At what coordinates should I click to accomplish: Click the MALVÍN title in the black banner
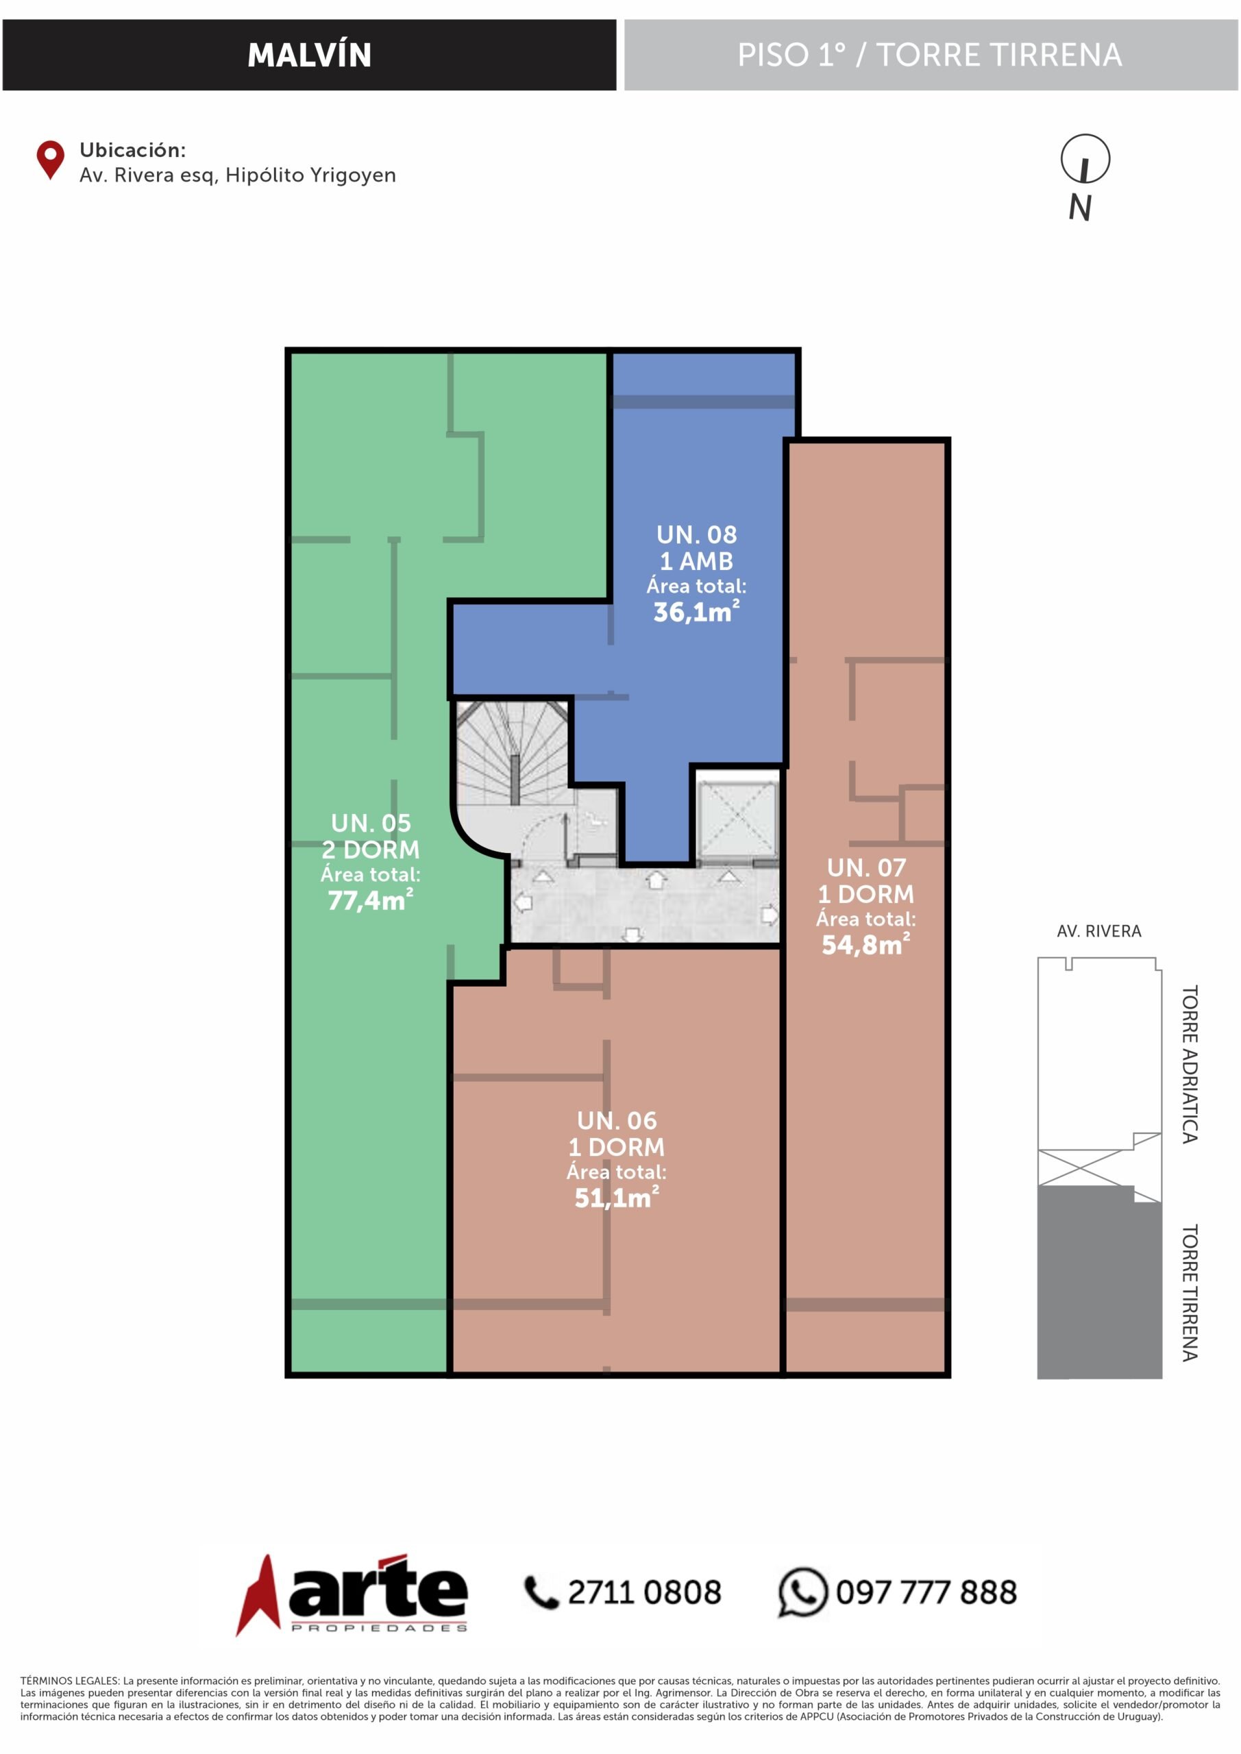[x=310, y=55]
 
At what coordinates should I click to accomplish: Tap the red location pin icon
[x=51, y=160]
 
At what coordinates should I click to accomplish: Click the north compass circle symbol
[x=1085, y=159]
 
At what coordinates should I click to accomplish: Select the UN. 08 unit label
[x=697, y=534]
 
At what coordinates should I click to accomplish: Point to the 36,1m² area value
[x=696, y=611]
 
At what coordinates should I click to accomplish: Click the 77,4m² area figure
[x=371, y=900]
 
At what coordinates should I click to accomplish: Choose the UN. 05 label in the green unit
[x=371, y=823]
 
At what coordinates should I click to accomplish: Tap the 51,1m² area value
[x=617, y=1197]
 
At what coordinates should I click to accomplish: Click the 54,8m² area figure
[x=865, y=945]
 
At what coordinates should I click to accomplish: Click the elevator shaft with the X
[x=736, y=817]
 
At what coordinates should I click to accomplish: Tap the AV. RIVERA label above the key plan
[x=1099, y=931]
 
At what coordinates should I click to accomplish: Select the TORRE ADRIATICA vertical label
[x=1189, y=1064]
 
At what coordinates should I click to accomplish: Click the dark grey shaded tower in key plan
[x=1099, y=1282]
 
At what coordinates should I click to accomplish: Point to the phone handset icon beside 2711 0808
[x=541, y=1593]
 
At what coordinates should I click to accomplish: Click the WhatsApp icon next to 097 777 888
[x=802, y=1593]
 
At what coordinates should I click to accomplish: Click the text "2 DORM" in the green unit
[x=371, y=850]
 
